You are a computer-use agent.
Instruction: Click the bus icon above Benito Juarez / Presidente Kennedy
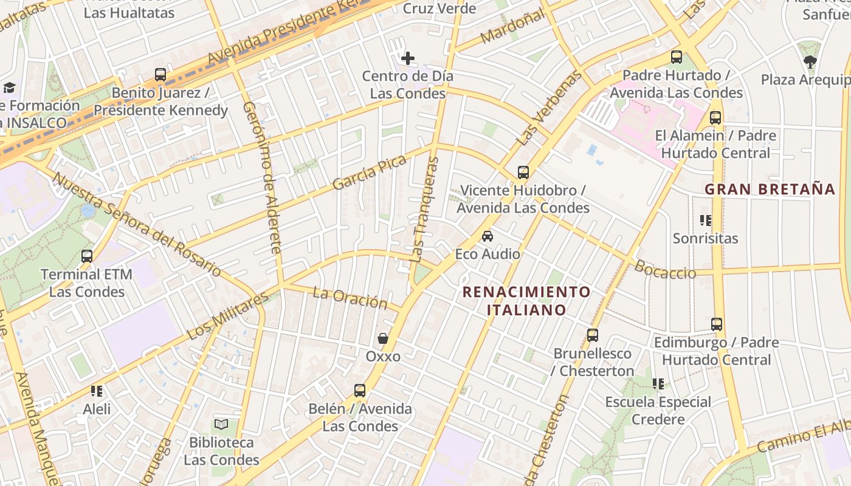[x=160, y=75]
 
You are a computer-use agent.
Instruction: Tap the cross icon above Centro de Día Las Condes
[x=408, y=58]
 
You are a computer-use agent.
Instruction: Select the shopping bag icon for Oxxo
[x=383, y=338]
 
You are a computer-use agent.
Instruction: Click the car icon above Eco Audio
[x=488, y=236]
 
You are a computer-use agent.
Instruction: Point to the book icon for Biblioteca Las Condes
[x=221, y=424]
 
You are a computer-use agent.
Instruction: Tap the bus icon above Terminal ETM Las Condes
[x=87, y=256]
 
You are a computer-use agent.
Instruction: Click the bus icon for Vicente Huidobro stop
[x=523, y=173]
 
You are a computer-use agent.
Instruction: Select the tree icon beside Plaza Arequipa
[x=810, y=61]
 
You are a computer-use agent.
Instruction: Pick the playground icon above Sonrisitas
[x=705, y=220]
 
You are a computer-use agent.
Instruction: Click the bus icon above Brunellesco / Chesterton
[x=592, y=335]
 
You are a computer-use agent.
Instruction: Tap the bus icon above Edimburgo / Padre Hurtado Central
[x=717, y=324]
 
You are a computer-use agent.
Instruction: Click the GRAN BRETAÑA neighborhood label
[x=770, y=189]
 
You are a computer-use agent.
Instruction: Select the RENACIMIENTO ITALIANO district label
[x=526, y=301]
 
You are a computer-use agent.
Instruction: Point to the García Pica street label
[x=369, y=173]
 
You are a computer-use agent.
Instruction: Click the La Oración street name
[x=350, y=298]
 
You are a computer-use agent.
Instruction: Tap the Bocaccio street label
[x=665, y=270]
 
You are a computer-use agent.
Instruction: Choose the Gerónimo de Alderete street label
[x=263, y=177]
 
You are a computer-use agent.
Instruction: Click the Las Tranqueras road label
[x=425, y=210]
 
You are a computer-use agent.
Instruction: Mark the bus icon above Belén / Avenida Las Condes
[x=360, y=391]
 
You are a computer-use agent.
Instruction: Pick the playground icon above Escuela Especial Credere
[x=658, y=384]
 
